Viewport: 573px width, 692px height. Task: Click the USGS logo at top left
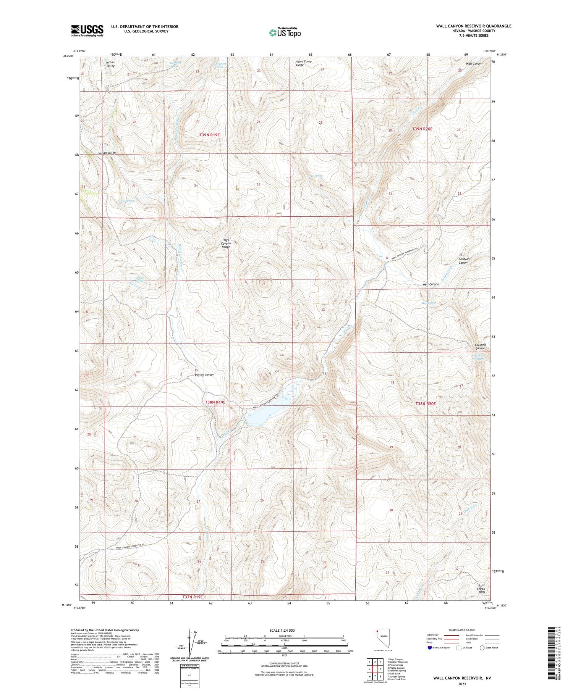click(x=87, y=31)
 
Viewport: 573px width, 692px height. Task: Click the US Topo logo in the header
click(x=285, y=33)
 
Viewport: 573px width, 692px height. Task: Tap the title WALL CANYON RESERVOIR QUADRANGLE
click(x=473, y=26)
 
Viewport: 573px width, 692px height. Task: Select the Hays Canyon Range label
click(x=226, y=244)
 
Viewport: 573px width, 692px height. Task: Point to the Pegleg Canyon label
click(x=204, y=374)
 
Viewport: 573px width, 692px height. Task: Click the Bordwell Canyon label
click(x=464, y=260)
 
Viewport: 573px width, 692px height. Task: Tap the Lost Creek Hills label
click(x=481, y=588)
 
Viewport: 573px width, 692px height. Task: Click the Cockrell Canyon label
click(x=480, y=347)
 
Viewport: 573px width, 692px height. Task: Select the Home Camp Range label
click(x=303, y=63)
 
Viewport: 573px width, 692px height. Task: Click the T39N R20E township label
click(x=422, y=129)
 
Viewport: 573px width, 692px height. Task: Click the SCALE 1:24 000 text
click(x=282, y=630)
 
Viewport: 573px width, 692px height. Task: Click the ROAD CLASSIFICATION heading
click(x=462, y=630)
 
